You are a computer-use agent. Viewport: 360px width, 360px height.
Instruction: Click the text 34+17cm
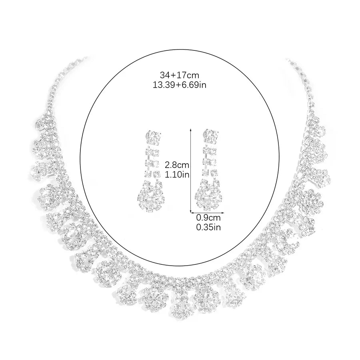coord(179,75)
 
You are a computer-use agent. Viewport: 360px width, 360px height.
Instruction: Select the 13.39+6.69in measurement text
coord(179,85)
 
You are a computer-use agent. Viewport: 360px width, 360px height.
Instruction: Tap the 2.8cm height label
coord(177,165)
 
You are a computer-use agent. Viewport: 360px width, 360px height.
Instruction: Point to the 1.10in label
coord(177,175)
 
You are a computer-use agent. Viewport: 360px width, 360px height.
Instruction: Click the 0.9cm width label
coord(208,218)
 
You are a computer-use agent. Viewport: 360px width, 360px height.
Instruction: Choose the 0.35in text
coord(208,227)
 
